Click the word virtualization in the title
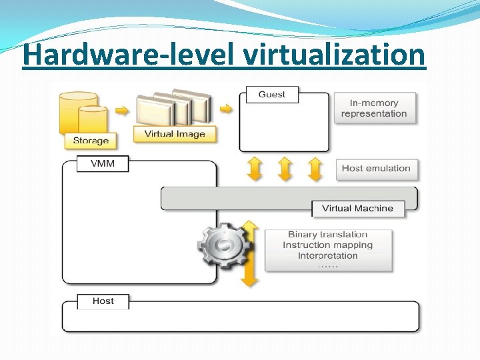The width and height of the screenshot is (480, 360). tap(333, 55)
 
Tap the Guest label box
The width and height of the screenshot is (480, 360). tap(272, 95)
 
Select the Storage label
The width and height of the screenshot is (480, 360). tap(91, 141)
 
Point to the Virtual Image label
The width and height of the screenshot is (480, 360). tap(175, 134)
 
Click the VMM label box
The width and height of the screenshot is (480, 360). tap(103, 163)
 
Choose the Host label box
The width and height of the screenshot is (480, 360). tap(103, 301)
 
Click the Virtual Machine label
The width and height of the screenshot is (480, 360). tap(357, 209)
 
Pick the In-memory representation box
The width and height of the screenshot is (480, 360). tap(374, 108)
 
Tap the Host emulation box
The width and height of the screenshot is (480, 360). tap(376, 169)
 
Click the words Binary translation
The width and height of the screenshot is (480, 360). tap(327, 235)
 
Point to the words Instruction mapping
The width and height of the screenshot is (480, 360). tap(327, 245)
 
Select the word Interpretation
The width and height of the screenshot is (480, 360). tap(327, 255)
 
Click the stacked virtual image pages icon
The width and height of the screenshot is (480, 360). tap(173, 107)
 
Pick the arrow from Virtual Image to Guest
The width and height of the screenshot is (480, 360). tap(227, 109)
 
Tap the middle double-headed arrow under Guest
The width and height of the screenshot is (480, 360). tap(285, 169)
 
